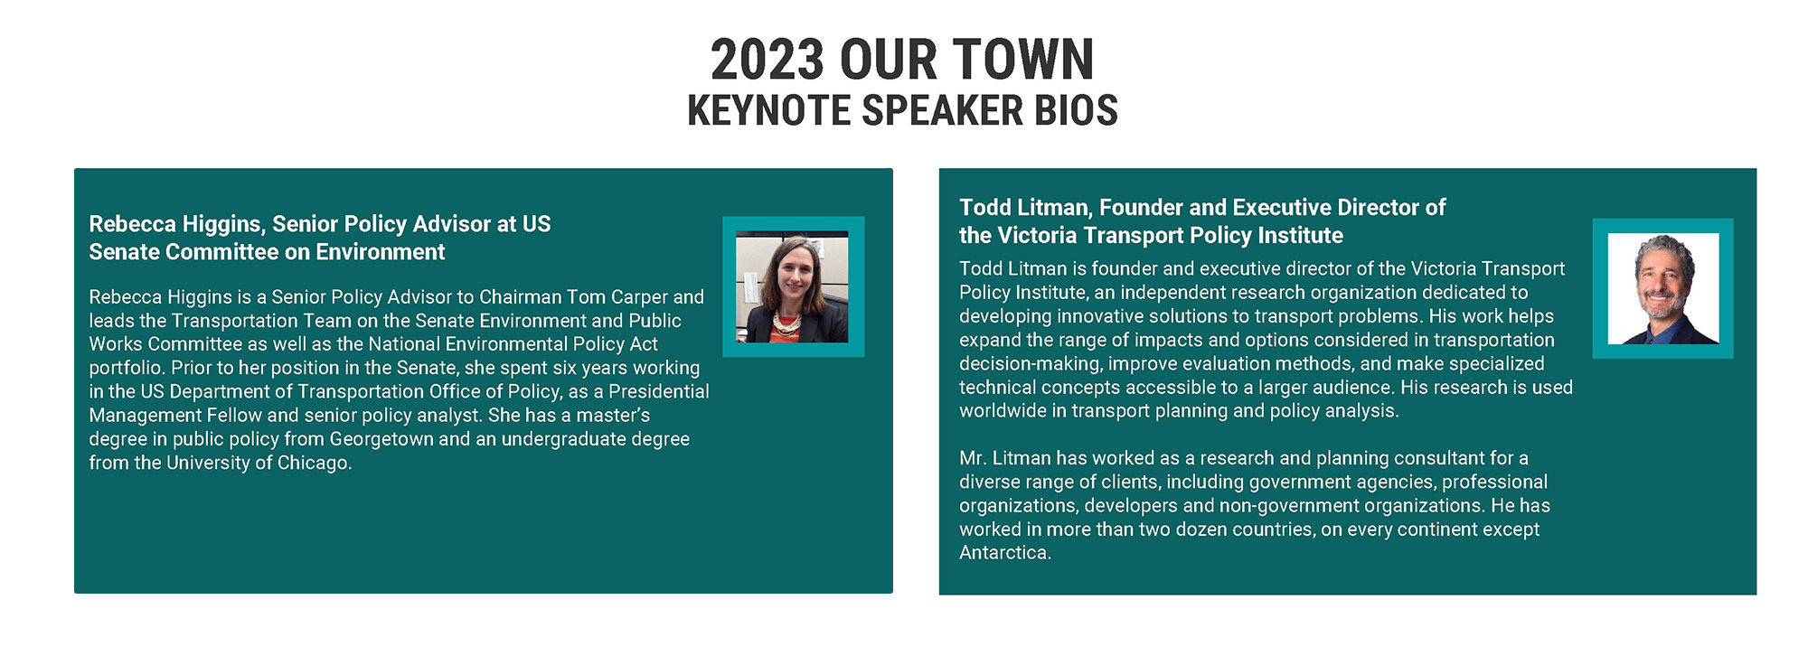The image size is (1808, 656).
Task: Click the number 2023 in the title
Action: [767, 60]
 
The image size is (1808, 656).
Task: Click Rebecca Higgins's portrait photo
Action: [792, 287]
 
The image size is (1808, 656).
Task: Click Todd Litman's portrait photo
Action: [1663, 289]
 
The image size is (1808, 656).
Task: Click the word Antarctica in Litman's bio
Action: [1005, 552]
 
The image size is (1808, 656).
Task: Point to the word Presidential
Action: [659, 391]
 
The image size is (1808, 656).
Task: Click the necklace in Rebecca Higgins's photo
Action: [786, 321]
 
